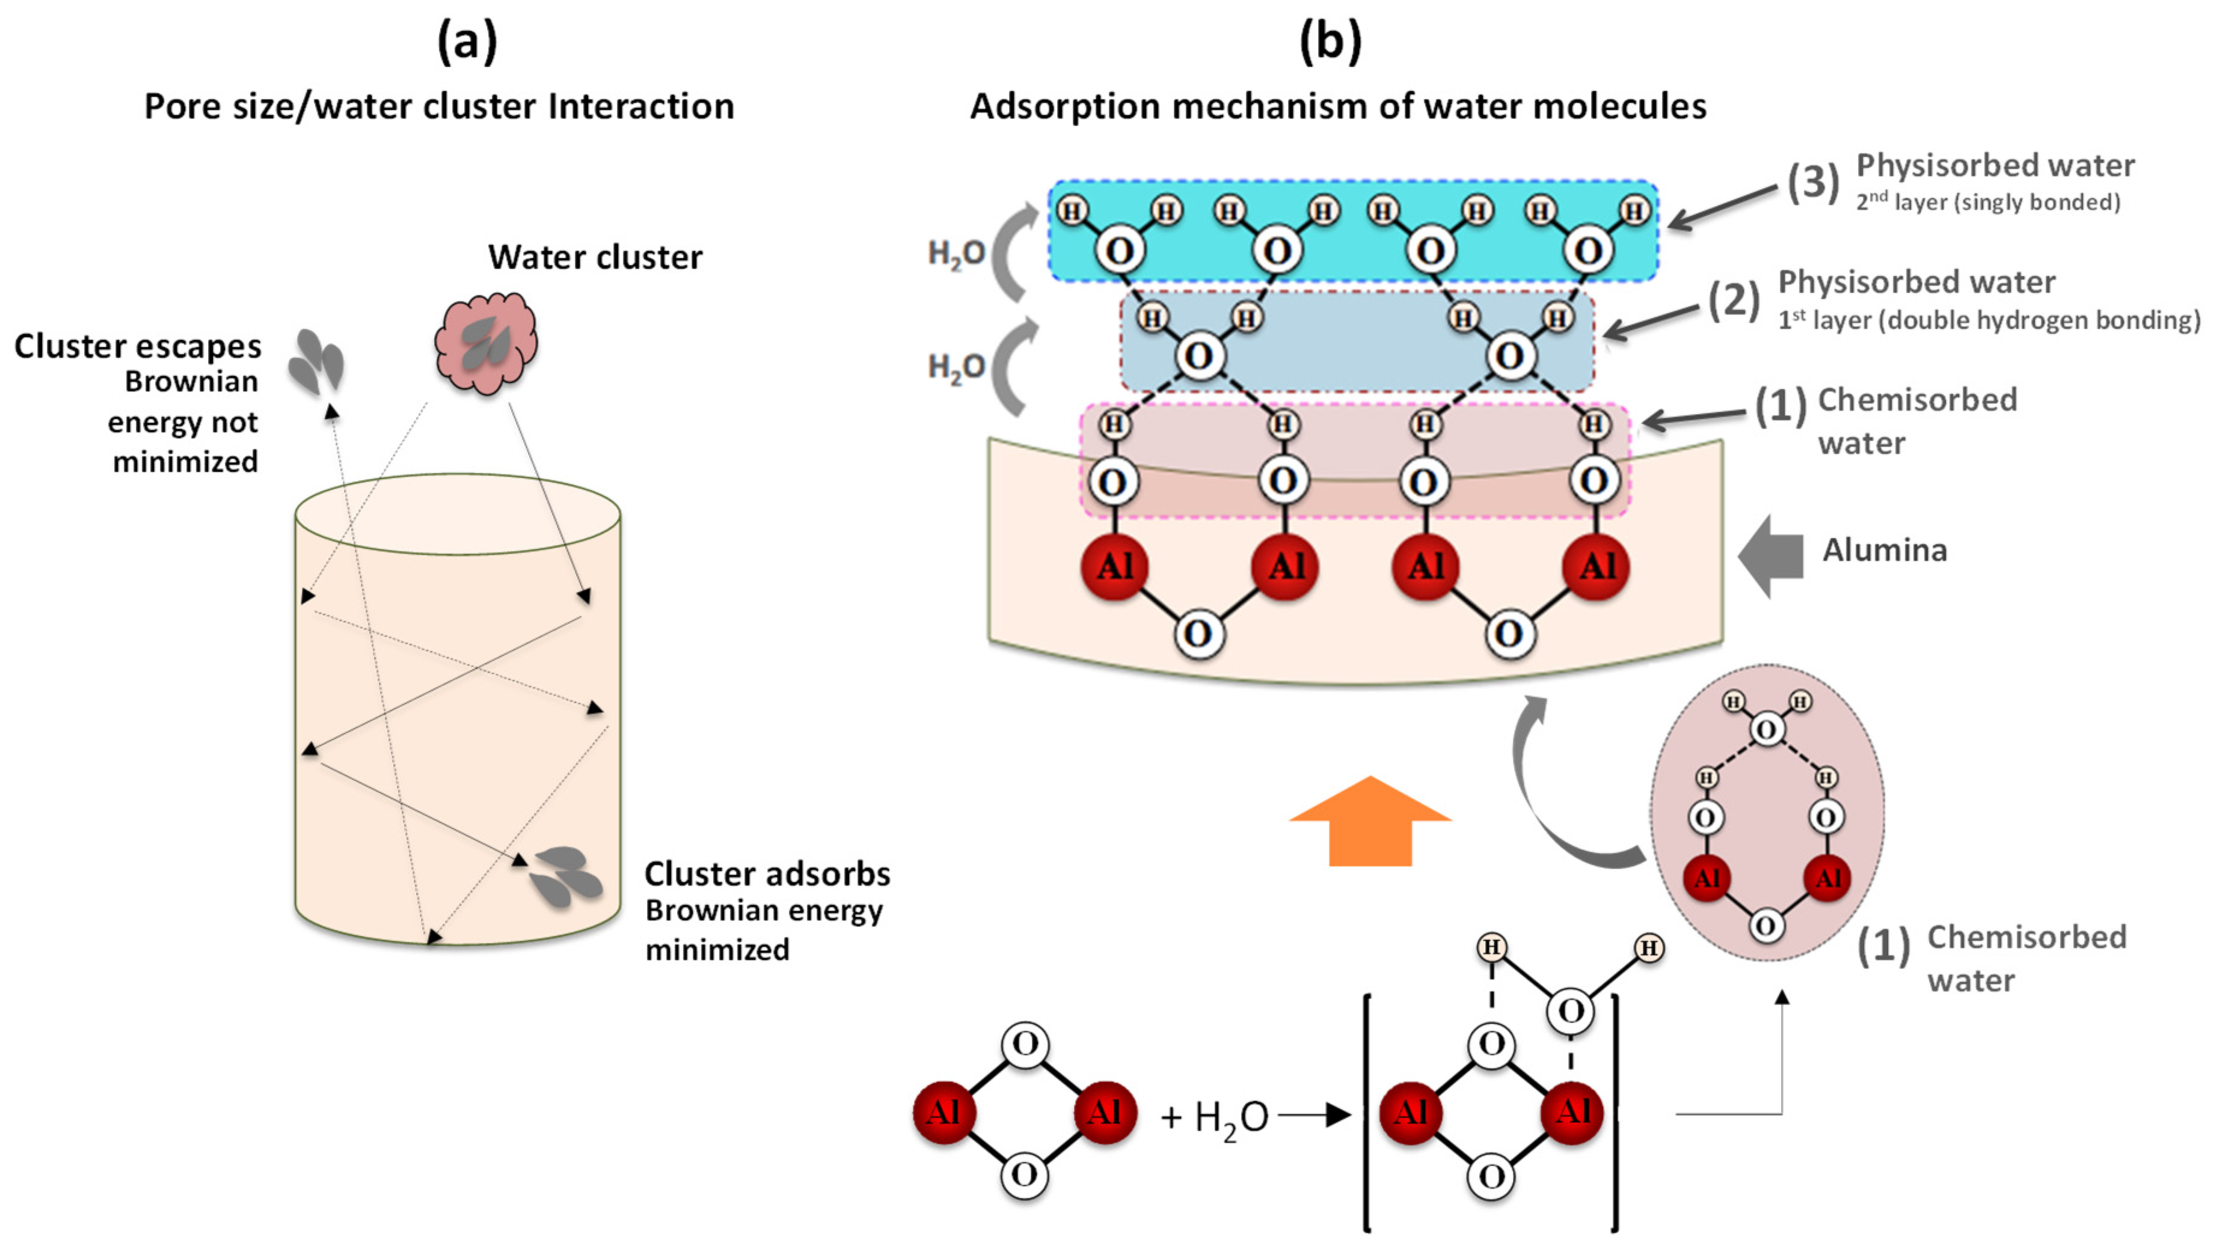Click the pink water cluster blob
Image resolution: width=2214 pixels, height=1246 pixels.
[x=486, y=342]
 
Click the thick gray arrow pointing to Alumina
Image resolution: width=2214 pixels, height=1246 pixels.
[x=1770, y=556]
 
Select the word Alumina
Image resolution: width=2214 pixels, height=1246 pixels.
[x=1884, y=550]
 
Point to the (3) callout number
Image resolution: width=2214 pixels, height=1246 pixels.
[x=1812, y=182]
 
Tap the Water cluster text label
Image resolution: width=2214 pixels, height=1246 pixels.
[x=595, y=257]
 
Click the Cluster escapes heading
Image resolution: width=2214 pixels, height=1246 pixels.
[x=138, y=346]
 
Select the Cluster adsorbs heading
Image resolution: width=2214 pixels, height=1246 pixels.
[x=767, y=873]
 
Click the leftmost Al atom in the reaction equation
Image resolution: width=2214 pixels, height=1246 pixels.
[x=943, y=1112]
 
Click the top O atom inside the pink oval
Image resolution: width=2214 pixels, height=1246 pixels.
[x=1765, y=730]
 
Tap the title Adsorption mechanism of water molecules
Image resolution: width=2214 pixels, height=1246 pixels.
[x=1338, y=106]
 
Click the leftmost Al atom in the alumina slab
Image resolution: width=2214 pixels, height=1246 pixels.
[x=1115, y=566]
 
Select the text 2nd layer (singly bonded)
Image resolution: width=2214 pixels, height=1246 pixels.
[x=1987, y=202]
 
